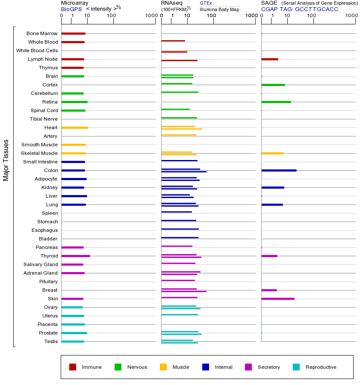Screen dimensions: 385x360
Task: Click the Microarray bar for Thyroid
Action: click(x=76, y=256)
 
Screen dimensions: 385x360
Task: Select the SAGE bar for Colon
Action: click(x=279, y=170)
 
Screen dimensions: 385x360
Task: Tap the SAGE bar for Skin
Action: click(x=278, y=299)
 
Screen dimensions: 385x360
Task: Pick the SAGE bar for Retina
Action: click(x=276, y=102)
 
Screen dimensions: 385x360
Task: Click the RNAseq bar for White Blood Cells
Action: click(x=174, y=52)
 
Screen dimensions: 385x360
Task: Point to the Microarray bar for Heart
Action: click(x=75, y=127)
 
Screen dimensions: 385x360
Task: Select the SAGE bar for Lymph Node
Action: click(x=270, y=59)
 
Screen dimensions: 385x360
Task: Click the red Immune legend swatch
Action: click(x=73, y=367)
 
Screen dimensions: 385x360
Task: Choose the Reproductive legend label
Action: click(x=321, y=367)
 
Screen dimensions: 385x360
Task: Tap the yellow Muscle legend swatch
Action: click(x=163, y=367)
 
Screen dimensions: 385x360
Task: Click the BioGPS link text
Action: click(x=71, y=9)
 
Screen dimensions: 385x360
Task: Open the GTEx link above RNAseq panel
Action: click(x=206, y=3)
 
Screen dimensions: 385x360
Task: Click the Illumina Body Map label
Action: click(x=219, y=9)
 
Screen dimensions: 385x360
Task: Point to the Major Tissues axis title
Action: click(x=6, y=160)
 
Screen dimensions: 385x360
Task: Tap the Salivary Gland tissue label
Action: click(x=41, y=264)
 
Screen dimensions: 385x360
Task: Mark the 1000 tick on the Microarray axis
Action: click(x=150, y=16)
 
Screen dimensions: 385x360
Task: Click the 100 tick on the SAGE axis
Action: click(x=312, y=16)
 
